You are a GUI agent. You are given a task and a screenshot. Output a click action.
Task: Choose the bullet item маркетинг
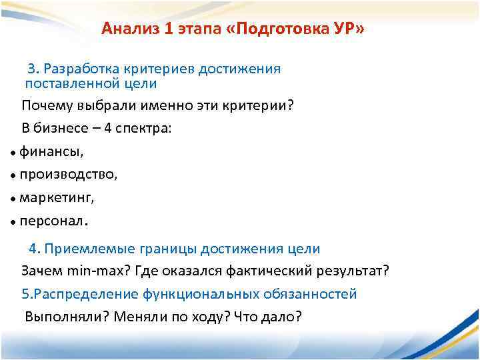point(57,198)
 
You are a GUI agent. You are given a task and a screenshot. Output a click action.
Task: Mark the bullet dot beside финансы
point(13,153)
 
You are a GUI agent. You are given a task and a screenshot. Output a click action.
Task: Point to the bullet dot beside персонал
point(13,221)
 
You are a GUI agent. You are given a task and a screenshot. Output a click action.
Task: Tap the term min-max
point(94,271)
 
